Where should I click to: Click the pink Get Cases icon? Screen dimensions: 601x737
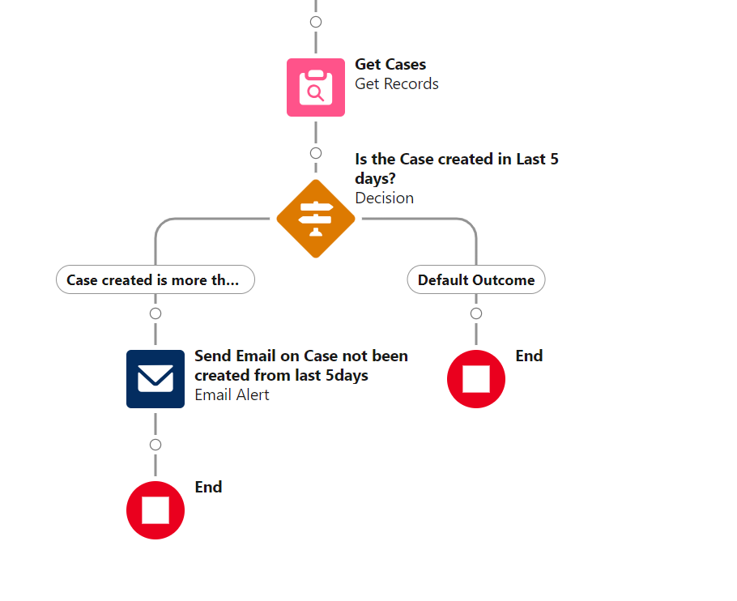(x=316, y=87)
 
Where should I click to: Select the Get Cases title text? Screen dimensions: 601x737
(x=390, y=65)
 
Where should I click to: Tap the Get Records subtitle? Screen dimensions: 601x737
(x=397, y=84)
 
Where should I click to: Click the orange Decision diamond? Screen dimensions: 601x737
(x=316, y=219)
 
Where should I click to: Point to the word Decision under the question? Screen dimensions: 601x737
(x=384, y=198)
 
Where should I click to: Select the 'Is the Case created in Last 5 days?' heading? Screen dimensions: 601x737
(x=457, y=168)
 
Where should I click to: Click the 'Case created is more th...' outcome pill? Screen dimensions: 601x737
(x=155, y=280)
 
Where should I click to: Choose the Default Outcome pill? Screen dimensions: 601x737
(x=476, y=280)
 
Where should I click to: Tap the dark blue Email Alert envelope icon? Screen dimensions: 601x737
(x=155, y=379)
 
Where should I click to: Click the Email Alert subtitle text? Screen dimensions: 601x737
(x=232, y=395)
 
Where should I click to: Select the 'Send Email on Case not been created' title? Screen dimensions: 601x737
(x=301, y=365)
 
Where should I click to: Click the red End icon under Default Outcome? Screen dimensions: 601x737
(x=476, y=379)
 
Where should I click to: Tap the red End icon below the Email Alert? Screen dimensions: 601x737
(x=155, y=510)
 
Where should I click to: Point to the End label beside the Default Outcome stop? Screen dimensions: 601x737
(x=529, y=356)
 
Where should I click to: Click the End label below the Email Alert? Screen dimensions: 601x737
(x=208, y=488)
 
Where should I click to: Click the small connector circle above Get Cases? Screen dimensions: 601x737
(x=316, y=22)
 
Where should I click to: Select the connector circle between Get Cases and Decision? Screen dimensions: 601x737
(x=316, y=153)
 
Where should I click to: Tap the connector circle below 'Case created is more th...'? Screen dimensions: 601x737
(x=155, y=313)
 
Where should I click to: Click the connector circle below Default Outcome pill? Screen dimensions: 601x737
(x=476, y=313)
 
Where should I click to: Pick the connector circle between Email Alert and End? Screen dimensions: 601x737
(x=155, y=445)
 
